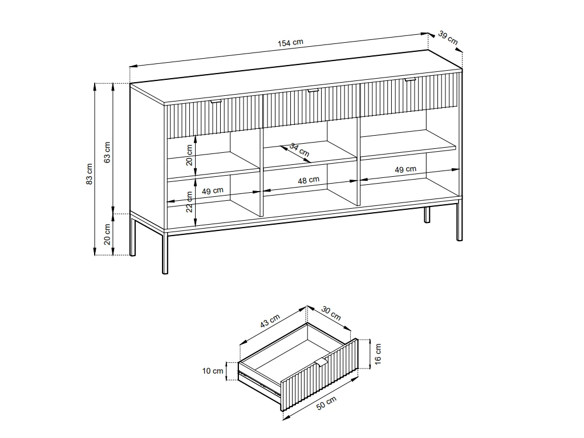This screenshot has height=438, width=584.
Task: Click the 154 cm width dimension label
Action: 290,43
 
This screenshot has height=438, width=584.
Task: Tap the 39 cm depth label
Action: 448,38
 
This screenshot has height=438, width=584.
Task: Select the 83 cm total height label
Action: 90,174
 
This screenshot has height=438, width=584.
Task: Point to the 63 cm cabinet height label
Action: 108,151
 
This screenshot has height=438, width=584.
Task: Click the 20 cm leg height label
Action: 108,235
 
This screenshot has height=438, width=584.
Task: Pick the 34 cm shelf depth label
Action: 299,149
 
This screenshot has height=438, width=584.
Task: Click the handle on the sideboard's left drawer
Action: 216,102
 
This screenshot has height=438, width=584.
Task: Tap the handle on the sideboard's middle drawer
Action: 313,90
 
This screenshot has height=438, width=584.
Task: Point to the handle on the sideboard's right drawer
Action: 409,80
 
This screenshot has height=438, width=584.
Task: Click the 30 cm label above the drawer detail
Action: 331,313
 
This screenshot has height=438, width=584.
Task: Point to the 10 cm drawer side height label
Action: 213,371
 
